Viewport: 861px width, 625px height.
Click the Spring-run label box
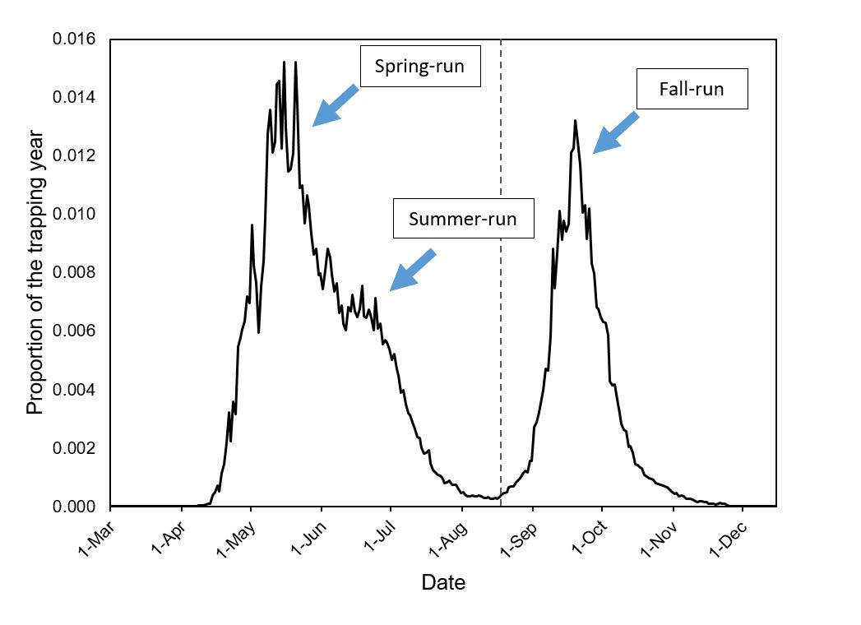pos(419,67)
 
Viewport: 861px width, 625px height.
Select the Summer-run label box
pos(463,219)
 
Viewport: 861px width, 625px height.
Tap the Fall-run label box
pos(692,89)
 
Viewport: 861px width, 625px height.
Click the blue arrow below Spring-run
pos(336,104)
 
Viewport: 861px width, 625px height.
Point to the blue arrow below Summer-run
pos(412,270)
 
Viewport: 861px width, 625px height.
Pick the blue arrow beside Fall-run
pos(616,132)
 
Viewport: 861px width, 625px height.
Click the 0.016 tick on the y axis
pos(75,39)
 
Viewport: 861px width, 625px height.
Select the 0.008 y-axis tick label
pos(75,273)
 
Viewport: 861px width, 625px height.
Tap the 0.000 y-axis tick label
pos(75,507)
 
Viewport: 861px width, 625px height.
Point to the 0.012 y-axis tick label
pos(75,156)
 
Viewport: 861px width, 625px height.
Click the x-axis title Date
pos(443,583)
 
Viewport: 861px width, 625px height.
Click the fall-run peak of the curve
pos(575,121)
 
